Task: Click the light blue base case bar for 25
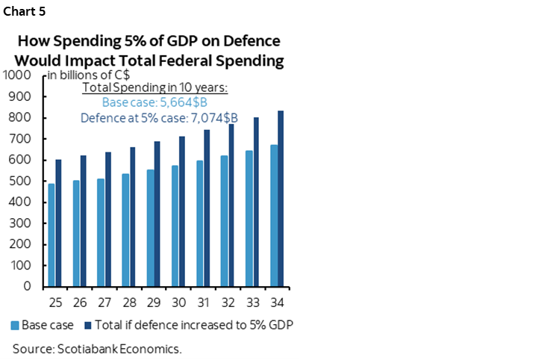[x=51, y=235]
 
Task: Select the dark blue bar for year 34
[x=281, y=198]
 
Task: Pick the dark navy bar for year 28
[x=133, y=217]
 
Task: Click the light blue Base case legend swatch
[x=15, y=325]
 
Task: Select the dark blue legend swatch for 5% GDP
[x=88, y=325]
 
